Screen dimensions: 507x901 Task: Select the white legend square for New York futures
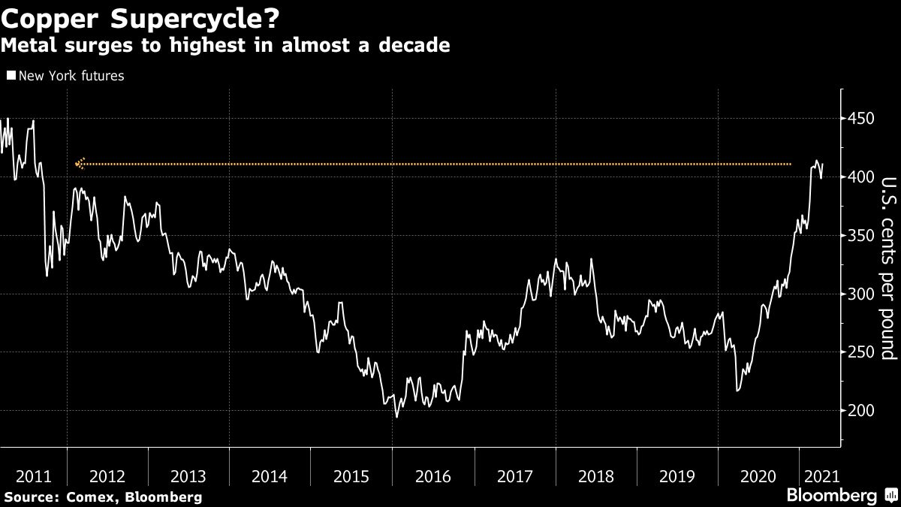(11, 76)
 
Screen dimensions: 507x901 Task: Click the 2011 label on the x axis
(33, 475)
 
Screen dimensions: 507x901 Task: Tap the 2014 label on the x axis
(270, 475)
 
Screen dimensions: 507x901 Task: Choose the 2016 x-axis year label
(432, 475)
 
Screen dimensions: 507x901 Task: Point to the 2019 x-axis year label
(677, 475)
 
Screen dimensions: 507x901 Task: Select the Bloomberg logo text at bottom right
(830, 496)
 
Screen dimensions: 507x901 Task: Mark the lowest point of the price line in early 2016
(396, 417)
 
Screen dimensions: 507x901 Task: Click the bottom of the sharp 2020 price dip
(737, 391)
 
